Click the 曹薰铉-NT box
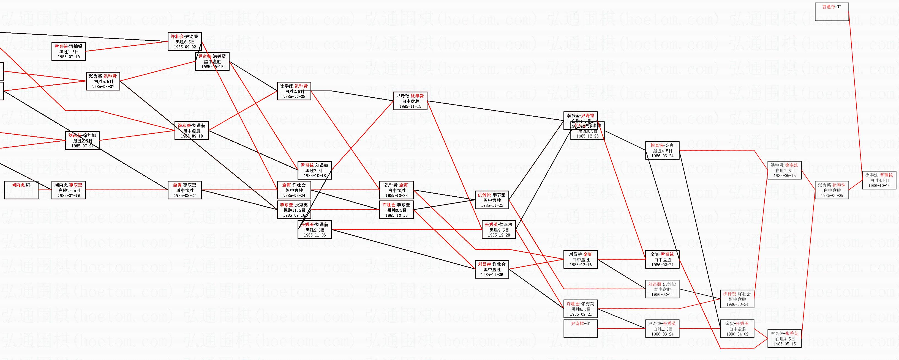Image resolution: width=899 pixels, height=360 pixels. point(832,12)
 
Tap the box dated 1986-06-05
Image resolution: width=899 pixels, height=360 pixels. point(832,190)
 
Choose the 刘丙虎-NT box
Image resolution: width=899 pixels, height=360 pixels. point(21,190)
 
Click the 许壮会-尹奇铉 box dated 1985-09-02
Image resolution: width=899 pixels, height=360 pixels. point(185,42)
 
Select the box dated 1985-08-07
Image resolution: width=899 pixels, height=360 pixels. point(103,81)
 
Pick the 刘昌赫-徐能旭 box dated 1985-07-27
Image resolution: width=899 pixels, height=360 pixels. point(82,141)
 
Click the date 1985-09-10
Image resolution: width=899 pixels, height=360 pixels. point(192,136)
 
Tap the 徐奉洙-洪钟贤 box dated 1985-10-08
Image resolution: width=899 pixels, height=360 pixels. point(294,91)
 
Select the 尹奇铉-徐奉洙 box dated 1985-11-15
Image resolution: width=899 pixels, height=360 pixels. point(410,101)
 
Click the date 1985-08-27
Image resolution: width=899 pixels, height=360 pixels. point(185,196)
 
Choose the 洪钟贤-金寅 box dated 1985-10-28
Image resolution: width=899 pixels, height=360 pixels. point(396,190)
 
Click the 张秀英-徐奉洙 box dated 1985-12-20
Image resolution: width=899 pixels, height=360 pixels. point(499,230)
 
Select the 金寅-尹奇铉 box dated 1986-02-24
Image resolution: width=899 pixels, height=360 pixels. point(662,260)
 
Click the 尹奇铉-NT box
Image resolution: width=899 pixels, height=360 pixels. point(580,329)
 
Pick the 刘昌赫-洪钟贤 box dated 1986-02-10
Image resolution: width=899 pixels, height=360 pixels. point(662,289)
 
